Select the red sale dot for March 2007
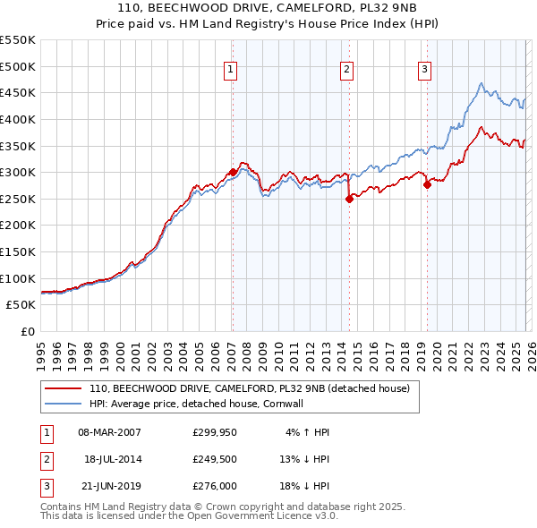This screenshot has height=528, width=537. [x=233, y=172]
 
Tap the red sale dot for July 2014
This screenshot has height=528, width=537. [x=349, y=200]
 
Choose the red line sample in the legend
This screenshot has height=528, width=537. [x=64, y=389]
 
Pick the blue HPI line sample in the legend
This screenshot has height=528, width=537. [x=64, y=404]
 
